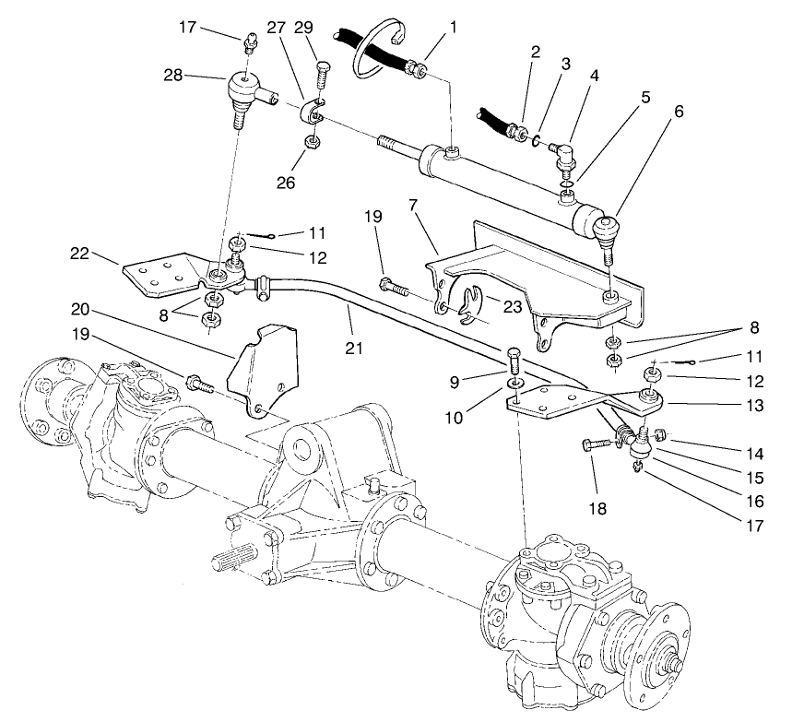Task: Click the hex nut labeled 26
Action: point(312,141)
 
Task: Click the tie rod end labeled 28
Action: point(242,92)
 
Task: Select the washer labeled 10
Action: point(514,381)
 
